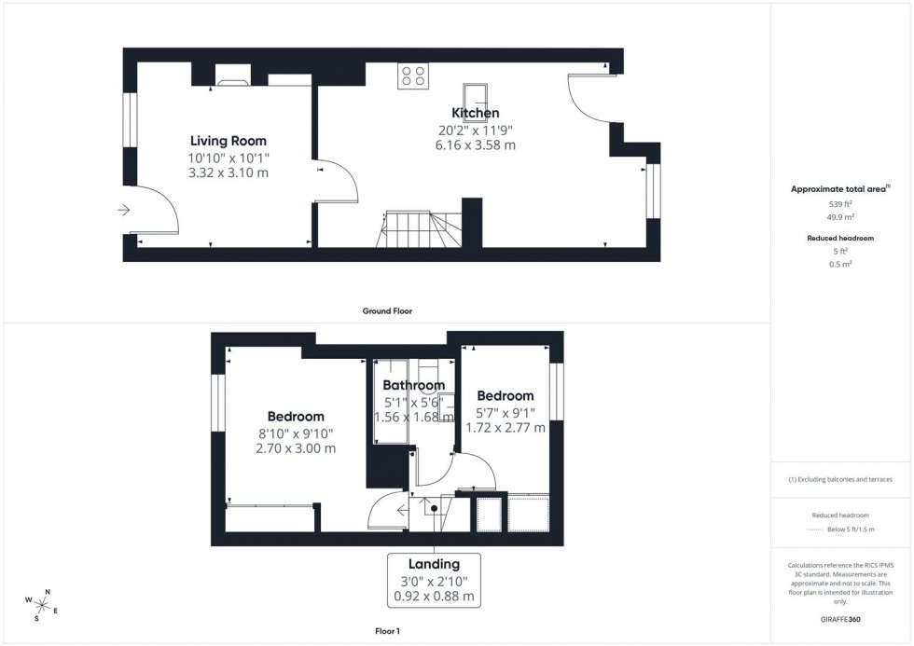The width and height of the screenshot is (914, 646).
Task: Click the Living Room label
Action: (x=228, y=141)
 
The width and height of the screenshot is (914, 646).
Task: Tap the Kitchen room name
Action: (x=476, y=113)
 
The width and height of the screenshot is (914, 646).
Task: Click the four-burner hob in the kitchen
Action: (x=413, y=76)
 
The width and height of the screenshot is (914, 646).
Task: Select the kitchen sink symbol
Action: (x=476, y=93)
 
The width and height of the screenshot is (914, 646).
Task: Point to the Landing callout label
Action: (x=434, y=564)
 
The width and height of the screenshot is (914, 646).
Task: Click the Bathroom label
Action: (x=414, y=385)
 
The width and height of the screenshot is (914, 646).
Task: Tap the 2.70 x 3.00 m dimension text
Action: (x=296, y=448)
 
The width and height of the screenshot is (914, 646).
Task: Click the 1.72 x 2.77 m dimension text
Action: (x=506, y=427)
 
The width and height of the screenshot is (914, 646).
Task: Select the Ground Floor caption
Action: (x=387, y=311)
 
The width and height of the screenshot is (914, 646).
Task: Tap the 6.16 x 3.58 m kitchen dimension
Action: (x=476, y=144)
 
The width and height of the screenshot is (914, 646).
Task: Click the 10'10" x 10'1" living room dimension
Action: (x=228, y=158)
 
